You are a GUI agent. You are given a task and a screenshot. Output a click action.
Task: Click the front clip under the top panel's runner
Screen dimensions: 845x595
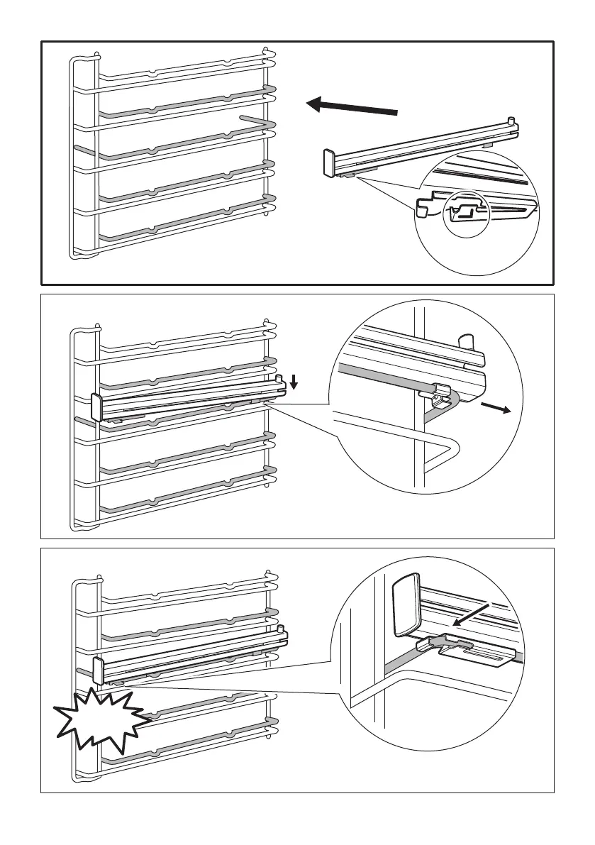point(347,173)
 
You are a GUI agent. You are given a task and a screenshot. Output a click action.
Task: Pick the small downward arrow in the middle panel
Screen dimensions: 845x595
point(294,383)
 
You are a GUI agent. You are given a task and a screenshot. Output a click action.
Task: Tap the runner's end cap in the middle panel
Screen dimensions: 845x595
point(97,407)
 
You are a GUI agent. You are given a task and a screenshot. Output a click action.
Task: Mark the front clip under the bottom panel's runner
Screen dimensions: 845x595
point(118,682)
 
